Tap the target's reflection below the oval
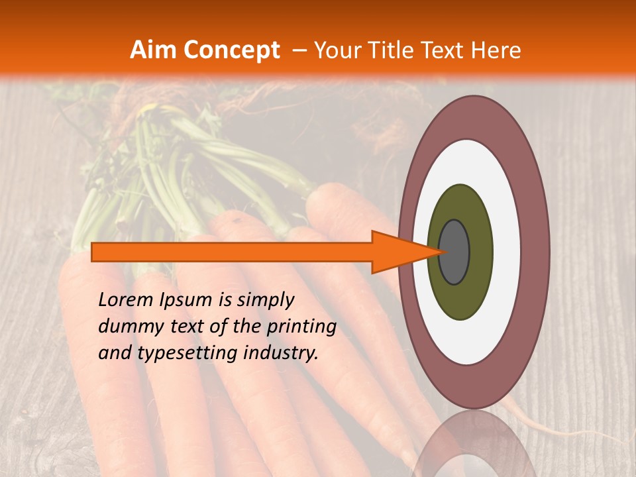472,447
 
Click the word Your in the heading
335,50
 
